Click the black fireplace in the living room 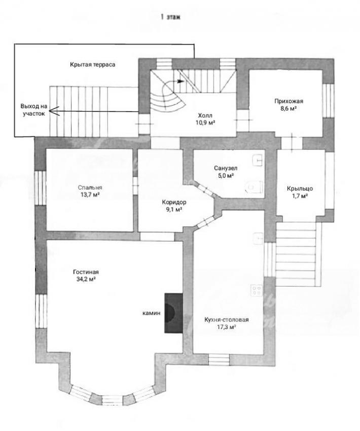pyautogui.click(x=174, y=313)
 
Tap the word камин pyautogui.click(x=152, y=313)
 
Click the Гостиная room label pyautogui.click(x=86, y=272)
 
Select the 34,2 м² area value pyautogui.click(x=86, y=279)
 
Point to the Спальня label pyautogui.click(x=90, y=188)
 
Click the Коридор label pyautogui.click(x=174, y=202)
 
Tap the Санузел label pyautogui.click(x=226, y=168)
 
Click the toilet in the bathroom pyautogui.click(x=254, y=187)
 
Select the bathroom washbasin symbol pyautogui.click(x=258, y=160)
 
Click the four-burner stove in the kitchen pyautogui.click(x=257, y=290)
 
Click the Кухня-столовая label pyautogui.click(x=227, y=319)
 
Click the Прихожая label pyautogui.click(x=289, y=101)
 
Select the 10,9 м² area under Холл pyautogui.click(x=205, y=123)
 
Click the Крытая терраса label pyautogui.click(x=93, y=64)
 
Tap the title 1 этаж pyautogui.click(x=170, y=17)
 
